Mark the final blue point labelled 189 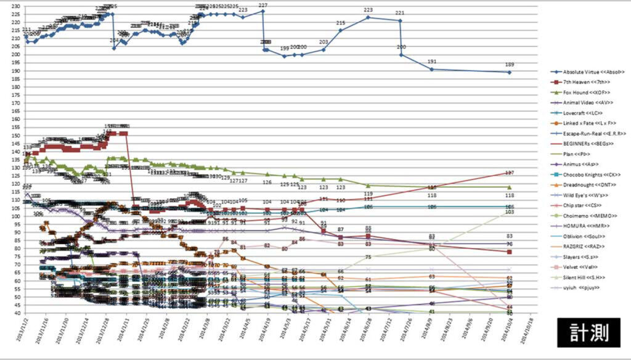click(x=510, y=72)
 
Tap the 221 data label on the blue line click(x=400, y=20)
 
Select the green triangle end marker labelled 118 click(x=510, y=187)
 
